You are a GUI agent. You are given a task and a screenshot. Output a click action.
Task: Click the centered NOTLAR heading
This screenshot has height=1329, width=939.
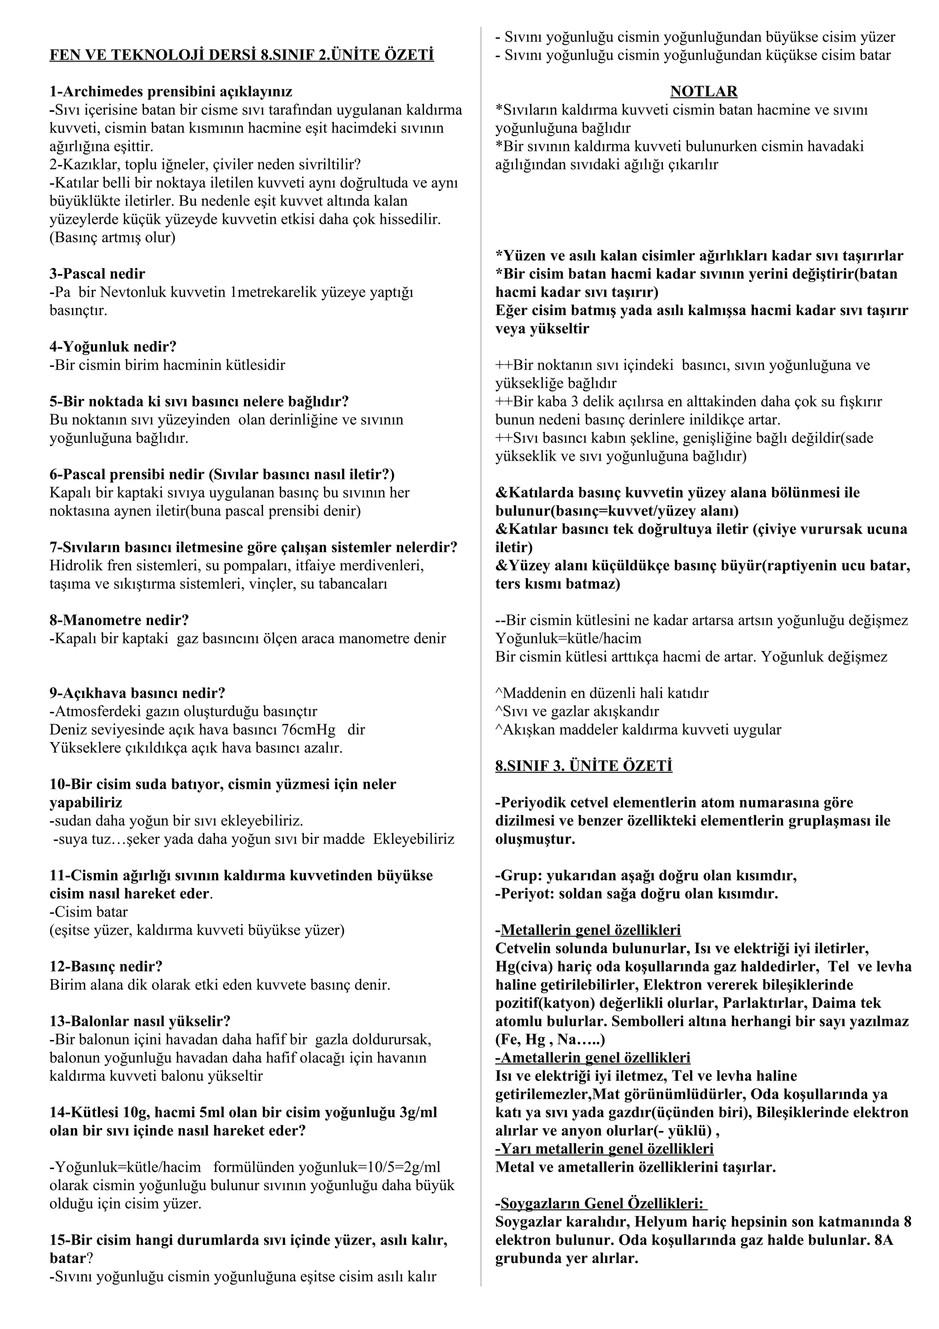click(703, 91)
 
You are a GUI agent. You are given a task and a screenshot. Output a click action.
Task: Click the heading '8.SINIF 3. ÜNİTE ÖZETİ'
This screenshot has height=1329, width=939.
click(584, 766)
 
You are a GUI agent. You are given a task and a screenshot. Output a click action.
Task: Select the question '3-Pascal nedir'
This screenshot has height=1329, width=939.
click(97, 274)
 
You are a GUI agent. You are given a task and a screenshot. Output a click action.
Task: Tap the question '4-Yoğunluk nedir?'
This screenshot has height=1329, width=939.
click(113, 347)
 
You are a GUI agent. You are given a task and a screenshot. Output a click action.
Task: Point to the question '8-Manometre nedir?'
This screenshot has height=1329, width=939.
click(119, 620)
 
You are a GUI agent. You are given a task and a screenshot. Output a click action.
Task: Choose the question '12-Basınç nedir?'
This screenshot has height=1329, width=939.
click(106, 966)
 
